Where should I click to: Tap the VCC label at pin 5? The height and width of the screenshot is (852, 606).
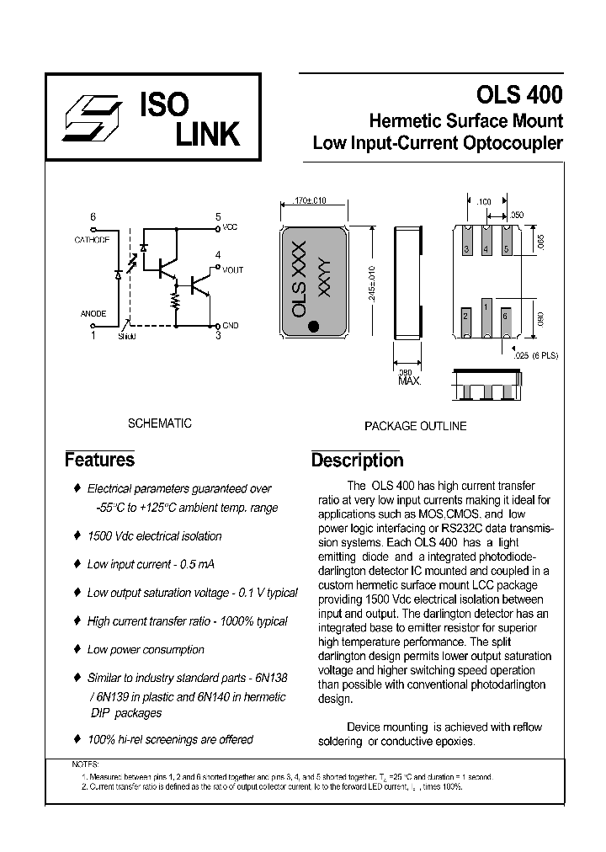pyautogui.click(x=231, y=228)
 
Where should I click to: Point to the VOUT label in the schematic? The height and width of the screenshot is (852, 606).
pyautogui.click(x=233, y=269)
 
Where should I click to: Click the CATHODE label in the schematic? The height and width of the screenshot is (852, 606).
pyautogui.click(x=92, y=240)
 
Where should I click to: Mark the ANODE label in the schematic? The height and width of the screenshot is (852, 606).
pyautogui.click(x=93, y=313)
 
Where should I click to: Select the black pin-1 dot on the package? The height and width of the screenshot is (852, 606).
pyautogui.click(x=313, y=327)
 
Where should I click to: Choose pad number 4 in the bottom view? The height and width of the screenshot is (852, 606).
pyautogui.click(x=486, y=250)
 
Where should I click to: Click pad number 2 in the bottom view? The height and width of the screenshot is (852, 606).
pyautogui.click(x=465, y=316)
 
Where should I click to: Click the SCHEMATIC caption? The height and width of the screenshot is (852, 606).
pyautogui.click(x=159, y=423)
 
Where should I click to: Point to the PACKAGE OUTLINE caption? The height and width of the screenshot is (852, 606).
pyautogui.click(x=415, y=426)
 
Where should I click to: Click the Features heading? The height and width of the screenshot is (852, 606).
pyautogui.click(x=99, y=460)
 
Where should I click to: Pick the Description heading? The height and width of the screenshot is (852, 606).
pyautogui.click(x=357, y=461)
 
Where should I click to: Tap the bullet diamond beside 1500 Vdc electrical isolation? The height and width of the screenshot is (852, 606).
pyautogui.click(x=77, y=535)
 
